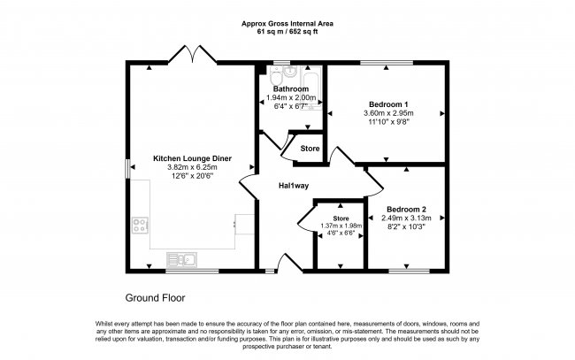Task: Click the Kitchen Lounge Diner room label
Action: (x=192, y=157)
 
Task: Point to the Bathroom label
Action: (x=290, y=89)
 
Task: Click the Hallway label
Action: (x=294, y=186)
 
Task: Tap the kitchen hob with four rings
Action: (x=140, y=225)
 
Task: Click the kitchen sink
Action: (x=180, y=258)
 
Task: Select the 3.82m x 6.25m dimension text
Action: (x=192, y=166)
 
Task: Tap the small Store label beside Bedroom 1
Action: (x=310, y=148)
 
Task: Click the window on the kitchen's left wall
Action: (x=126, y=168)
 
